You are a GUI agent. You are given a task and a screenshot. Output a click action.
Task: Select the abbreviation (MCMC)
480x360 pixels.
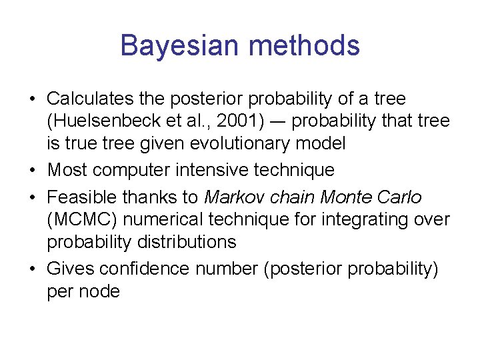[77, 219]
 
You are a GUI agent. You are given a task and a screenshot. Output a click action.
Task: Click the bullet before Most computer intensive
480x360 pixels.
[32, 171]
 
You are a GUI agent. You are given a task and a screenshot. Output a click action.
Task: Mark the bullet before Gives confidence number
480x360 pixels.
[32, 269]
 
